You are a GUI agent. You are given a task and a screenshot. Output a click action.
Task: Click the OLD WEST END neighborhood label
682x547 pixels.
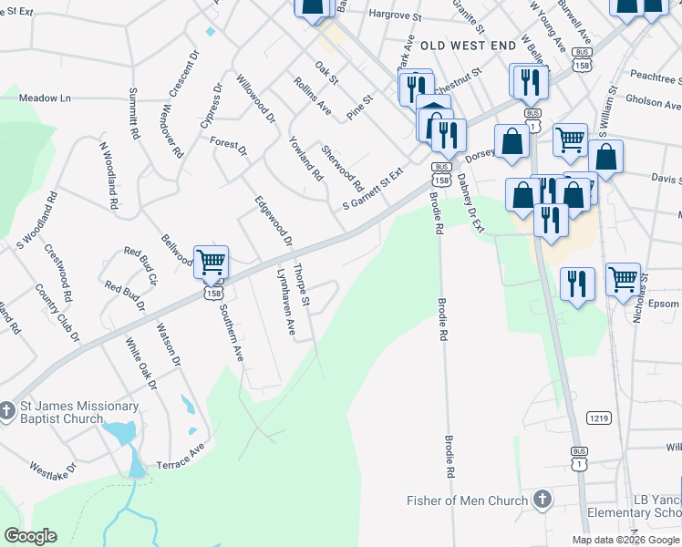456,45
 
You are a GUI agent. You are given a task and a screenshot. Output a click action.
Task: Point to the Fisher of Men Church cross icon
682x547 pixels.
542,500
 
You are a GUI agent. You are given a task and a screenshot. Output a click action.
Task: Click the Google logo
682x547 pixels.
30,536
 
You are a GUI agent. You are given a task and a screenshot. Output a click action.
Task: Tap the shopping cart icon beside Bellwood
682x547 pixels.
211,263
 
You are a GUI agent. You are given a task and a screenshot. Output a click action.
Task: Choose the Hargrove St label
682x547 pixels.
395,15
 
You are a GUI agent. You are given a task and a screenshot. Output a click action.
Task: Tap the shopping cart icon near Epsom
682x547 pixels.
624,279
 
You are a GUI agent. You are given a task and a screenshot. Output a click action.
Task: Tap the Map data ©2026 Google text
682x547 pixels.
625,540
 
